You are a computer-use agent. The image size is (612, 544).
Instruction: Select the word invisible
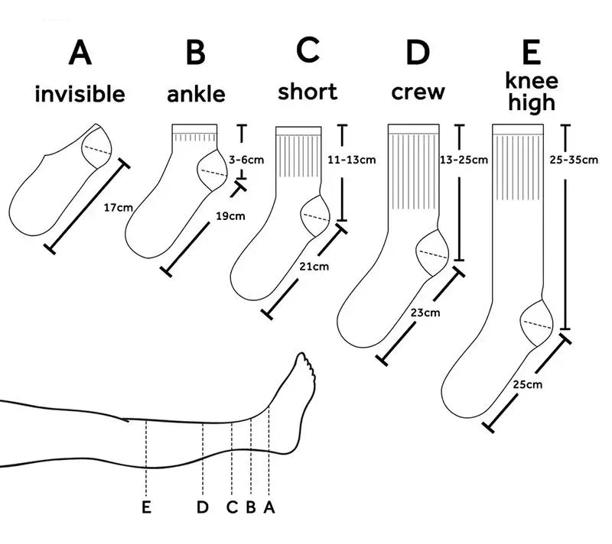80,94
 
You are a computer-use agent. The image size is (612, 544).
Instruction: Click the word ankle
196,94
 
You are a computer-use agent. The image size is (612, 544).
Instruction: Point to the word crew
418,92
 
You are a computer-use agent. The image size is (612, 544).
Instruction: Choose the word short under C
307,92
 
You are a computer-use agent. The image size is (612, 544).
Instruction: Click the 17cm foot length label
117,207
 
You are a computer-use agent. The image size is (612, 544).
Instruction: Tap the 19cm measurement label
230,216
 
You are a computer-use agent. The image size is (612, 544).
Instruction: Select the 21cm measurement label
314,266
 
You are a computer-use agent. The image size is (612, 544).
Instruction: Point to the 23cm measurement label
425,312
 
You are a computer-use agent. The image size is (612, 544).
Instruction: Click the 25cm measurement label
528,384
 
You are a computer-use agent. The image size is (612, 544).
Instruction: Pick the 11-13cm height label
351,160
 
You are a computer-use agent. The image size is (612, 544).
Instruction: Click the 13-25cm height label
464,160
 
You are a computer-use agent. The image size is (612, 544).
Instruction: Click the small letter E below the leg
146,507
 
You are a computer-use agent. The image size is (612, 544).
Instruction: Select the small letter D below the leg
203,507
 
